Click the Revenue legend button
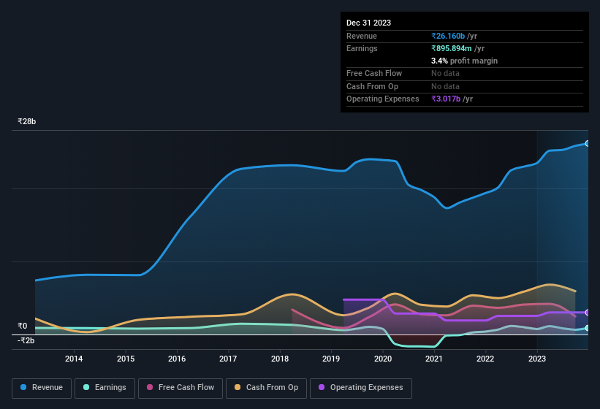(42, 387)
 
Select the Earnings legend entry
(105, 387)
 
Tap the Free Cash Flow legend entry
(181, 387)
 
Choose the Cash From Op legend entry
(265, 387)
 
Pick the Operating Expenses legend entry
(361, 387)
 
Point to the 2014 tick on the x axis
(74, 358)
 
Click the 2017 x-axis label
(228, 358)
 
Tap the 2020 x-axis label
(382, 358)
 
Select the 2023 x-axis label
(536, 358)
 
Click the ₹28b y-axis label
(27, 121)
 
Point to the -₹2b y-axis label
(26, 340)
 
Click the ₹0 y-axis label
(23, 326)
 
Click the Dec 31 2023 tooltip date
(368, 23)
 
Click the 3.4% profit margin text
(464, 61)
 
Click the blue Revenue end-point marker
(587, 143)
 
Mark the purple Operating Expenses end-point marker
(587, 313)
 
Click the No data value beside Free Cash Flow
(447, 73)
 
